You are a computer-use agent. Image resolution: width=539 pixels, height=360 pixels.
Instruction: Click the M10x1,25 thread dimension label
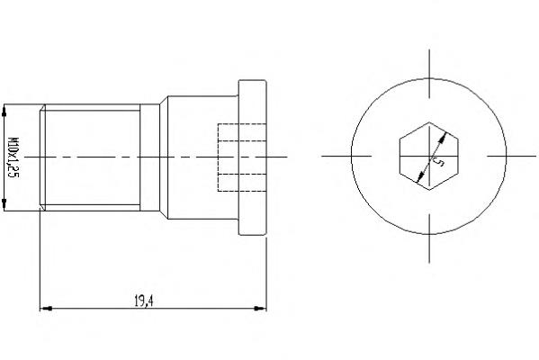(x=13, y=157)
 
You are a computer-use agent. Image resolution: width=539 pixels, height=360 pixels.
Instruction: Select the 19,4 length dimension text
(x=144, y=301)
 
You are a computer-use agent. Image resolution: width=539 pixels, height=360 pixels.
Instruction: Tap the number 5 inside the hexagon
(x=438, y=161)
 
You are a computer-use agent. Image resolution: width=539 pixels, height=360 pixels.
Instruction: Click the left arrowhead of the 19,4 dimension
(x=46, y=309)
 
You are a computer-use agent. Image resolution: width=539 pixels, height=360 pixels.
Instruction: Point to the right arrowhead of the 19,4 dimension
(x=260, y=309)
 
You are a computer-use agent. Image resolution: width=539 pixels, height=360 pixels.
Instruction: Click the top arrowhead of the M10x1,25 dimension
(x=4, y=110)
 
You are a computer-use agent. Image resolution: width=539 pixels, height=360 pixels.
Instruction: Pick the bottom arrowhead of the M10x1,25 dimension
(x=4, y=204)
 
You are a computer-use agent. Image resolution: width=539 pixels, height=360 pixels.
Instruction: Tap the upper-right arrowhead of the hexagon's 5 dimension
(x=444, y=137)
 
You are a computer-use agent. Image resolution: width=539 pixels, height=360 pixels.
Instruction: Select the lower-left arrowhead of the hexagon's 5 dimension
(x=419, y=177)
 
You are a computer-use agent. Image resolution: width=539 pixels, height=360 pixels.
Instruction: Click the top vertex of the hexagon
(x=429, y=122)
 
